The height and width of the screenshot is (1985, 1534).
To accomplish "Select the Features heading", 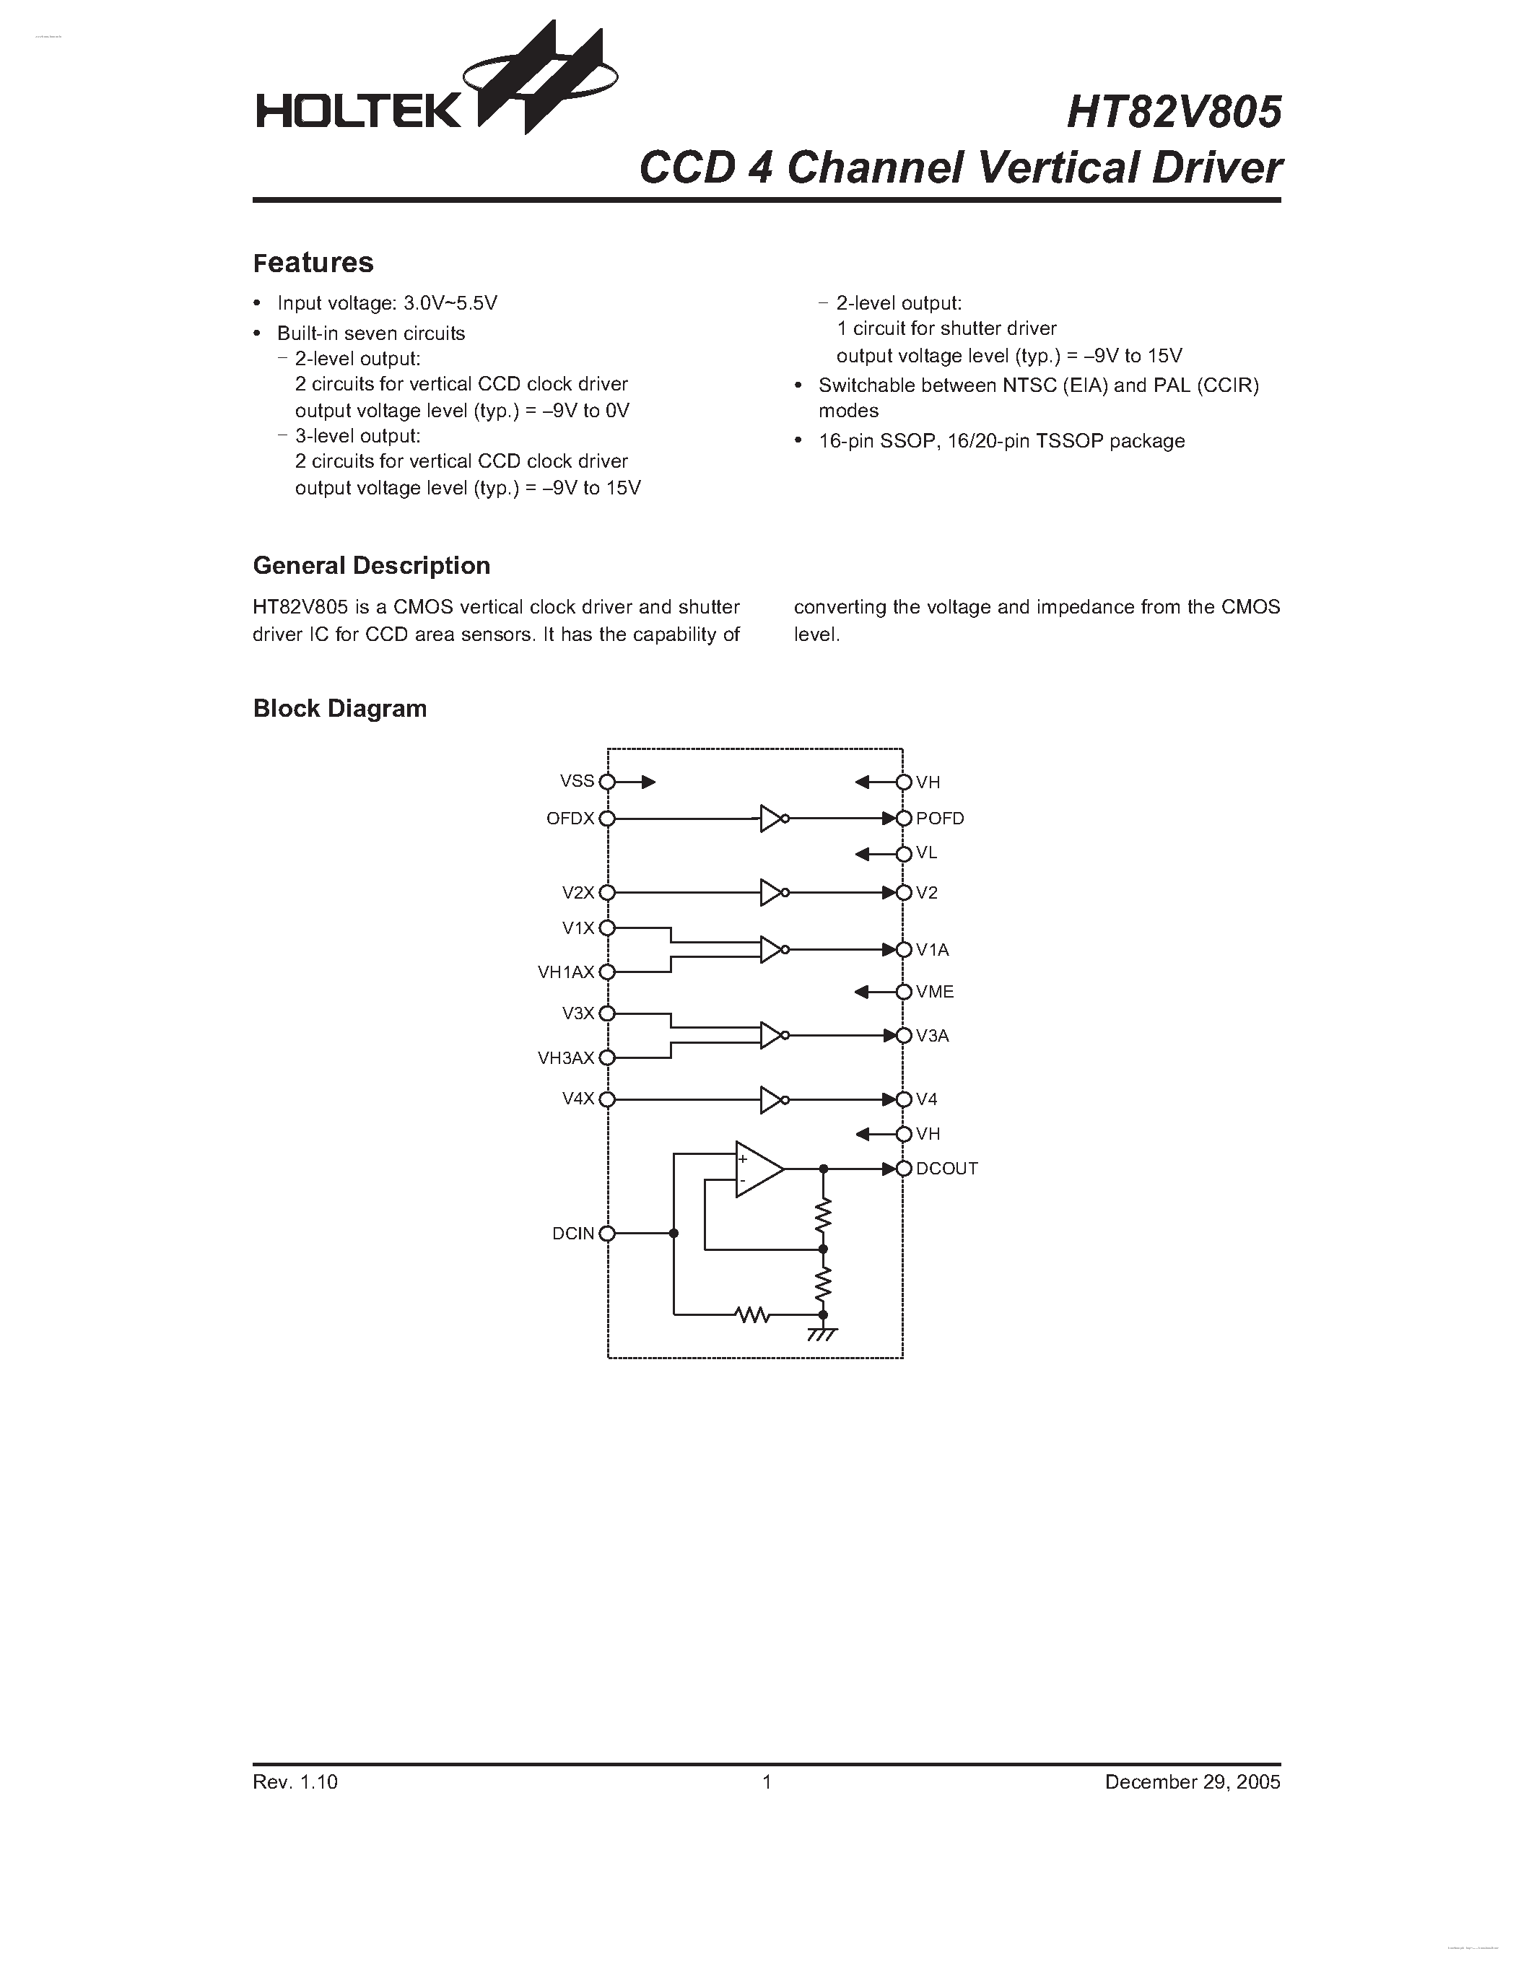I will [313, 263].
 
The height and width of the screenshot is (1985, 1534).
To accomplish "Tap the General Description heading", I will [371, 565].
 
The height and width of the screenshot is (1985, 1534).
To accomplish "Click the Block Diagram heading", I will [340, 708].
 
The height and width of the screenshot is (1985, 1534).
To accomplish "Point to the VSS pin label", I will [577, 781].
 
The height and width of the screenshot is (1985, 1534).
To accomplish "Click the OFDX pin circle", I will [607, 818].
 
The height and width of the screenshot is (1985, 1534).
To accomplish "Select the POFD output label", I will [940, 818].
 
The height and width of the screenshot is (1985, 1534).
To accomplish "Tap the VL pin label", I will [926, 852].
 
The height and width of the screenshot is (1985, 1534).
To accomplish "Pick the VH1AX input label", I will [565, 972].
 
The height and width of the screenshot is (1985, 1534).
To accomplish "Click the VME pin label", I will [934, 992].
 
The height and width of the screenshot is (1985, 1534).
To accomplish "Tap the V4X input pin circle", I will [607, 1099].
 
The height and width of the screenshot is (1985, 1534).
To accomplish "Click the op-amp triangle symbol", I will [757, 1169].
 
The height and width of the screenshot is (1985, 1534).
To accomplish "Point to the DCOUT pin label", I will [946, 1169].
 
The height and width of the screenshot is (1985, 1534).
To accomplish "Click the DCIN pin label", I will [572, 1234].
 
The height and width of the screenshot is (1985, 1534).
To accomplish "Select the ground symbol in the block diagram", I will [822, 1333].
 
